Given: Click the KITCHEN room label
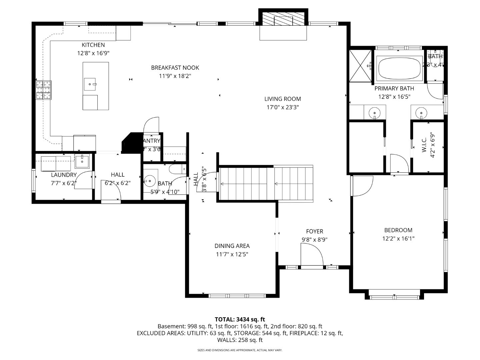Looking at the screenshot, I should coord(93,45).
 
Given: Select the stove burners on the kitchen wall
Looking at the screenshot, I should coord(44,90).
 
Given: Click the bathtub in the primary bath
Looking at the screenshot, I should coord(399,69).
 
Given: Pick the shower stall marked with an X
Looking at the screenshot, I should coord(360,66).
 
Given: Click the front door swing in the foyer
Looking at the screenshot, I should coord(311,255).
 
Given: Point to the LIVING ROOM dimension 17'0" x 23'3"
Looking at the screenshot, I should coord(283,107).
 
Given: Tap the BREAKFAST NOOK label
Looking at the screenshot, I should coord(175,68).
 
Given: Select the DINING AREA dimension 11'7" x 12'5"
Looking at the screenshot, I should coord(232,254).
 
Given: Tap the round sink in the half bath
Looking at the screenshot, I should coord(150,181).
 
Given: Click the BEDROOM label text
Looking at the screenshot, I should coord(398,230).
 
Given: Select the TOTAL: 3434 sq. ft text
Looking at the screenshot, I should coord(240,319).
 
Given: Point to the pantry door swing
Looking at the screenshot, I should coord(151,125).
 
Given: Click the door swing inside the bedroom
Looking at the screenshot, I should coord(362,186).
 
